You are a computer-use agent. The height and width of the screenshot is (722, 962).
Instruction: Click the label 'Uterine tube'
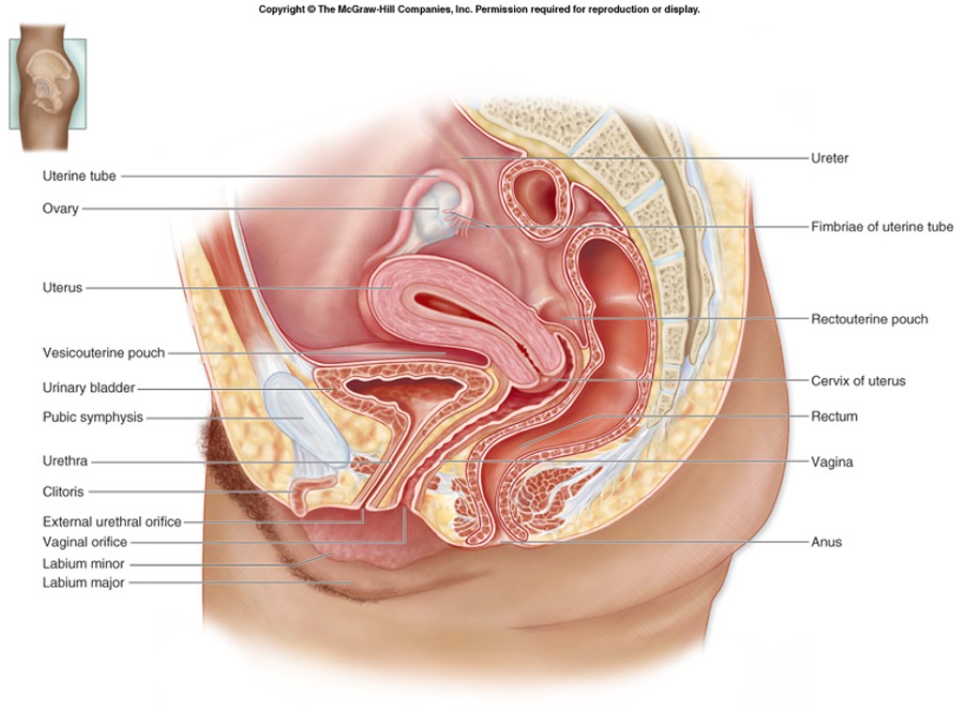coord(79,176)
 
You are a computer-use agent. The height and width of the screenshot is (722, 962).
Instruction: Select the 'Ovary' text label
coord(60,209)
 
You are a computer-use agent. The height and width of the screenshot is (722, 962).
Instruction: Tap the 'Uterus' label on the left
coord(62,288)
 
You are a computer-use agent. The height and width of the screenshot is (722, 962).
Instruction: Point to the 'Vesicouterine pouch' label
coord(103,353)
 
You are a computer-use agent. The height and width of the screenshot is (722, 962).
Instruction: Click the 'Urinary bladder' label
coord(88,387)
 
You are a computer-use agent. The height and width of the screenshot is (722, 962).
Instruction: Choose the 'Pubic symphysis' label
coord(92,417)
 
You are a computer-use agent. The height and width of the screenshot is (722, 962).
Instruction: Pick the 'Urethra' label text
coord(65,462)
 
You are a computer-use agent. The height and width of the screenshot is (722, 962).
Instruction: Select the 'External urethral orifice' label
coord(112,522)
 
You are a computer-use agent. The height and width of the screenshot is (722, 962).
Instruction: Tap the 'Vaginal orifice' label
coord(85,542)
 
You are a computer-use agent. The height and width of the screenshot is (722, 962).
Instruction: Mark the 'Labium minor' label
coord(83,564)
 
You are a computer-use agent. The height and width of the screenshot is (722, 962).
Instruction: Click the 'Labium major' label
coord(83,583)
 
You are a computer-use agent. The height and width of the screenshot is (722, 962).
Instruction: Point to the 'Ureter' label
coord(830,158)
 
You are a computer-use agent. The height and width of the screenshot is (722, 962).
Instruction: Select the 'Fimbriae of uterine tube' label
coord(882,227)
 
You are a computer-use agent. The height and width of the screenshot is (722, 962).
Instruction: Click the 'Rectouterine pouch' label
coord(869,320)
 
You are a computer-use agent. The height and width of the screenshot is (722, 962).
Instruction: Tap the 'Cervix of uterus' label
coord(858,382)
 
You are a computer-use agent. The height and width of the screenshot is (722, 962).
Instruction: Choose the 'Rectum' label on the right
coord(834,416)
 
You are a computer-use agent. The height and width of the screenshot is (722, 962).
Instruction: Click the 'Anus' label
coord(827,542)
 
